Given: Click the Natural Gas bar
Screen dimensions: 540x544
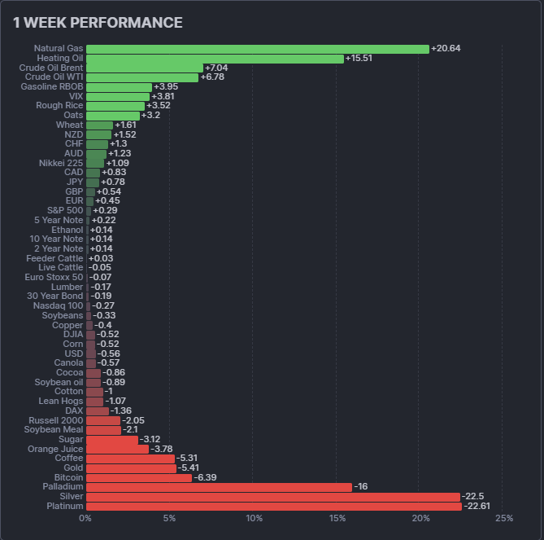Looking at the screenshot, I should tap(257, 49).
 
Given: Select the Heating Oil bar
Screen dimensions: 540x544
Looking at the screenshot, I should tap(215, 59).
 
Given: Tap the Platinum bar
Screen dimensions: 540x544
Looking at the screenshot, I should tap(273, 506).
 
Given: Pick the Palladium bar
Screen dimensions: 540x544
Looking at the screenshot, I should tap(219, 487).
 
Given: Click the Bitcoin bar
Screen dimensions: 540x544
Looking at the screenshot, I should tap(139, 477).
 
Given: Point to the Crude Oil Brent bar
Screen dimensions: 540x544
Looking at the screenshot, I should tap(144, 68).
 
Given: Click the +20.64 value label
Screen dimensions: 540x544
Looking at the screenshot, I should tap(446, 49).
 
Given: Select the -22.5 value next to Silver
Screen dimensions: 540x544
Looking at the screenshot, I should tap(473, 497).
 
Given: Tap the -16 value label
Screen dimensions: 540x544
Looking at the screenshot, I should tap(361, 487).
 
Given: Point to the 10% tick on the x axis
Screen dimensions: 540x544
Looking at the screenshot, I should tap(254, 519).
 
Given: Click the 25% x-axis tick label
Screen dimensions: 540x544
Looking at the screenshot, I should tap(503, 519).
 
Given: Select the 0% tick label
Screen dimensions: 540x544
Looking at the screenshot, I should tap(85, 519).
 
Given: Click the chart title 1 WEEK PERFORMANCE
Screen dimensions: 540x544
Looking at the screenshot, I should tap(98, 23).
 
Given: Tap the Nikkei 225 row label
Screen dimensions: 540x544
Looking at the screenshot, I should tap(61, 163).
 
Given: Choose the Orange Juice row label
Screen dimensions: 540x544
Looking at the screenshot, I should tap(55, 449).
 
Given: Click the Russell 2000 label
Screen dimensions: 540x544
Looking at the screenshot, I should tap(56, 420).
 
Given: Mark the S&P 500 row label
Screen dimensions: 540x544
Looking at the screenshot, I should tap(65, 210).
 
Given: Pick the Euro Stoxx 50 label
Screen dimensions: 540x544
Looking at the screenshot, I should tap(54, 277).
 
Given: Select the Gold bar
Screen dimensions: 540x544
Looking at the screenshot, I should tap(131, 468).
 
